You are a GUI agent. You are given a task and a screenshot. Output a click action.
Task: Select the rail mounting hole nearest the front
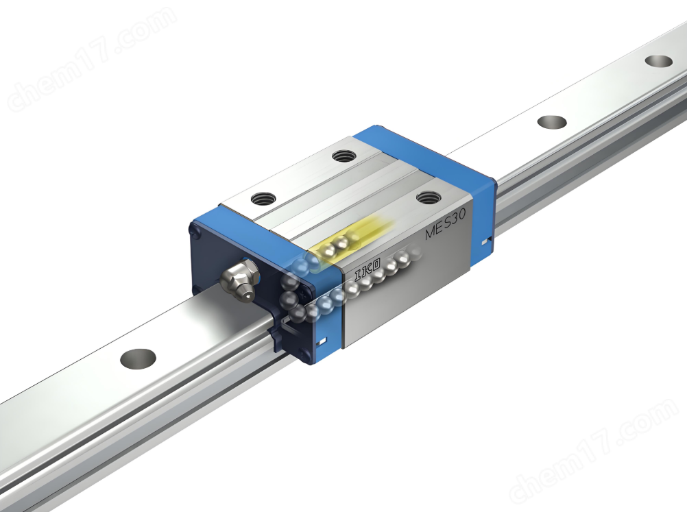click(138, 358)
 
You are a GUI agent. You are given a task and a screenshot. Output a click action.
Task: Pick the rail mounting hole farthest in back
click(659, 61)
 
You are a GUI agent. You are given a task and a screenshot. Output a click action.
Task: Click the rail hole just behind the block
click(551, 122)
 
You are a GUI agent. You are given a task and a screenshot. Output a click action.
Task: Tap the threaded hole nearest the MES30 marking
click(428, 197)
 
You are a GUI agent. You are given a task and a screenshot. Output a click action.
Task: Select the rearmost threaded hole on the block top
click(344, 156)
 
